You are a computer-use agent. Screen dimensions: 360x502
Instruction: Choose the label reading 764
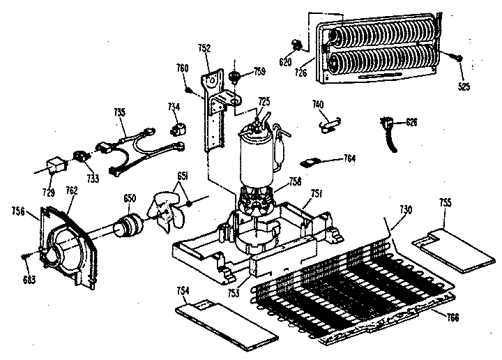point(349,158)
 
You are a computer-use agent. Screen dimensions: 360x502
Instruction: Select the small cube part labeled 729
point(53,166)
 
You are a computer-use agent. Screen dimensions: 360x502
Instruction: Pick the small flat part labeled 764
point(311,162)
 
